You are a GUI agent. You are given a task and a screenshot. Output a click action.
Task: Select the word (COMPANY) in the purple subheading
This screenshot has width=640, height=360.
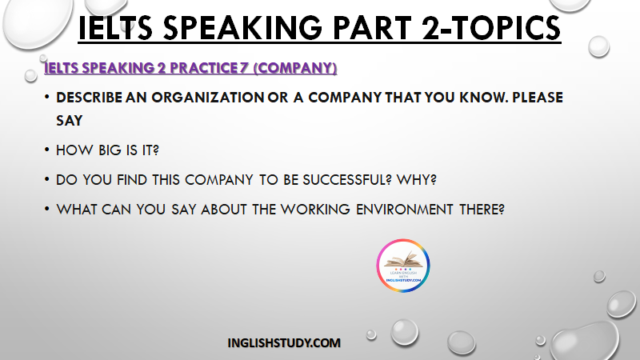[x=295, y=68]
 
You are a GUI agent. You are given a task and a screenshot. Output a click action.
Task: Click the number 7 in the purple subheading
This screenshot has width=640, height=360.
[x=244, y=68]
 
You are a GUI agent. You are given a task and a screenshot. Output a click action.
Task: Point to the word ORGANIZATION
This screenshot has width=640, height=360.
[x=208, y=97]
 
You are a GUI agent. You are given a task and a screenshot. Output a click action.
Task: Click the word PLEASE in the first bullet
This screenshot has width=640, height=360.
[x=538, y=97]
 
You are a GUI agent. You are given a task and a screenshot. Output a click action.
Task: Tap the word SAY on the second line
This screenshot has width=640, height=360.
[x=70, y=121]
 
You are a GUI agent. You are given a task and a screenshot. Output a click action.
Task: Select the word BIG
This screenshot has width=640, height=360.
[x=110, y=150]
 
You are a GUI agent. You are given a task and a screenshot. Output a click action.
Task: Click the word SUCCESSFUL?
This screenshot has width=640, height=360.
[x=347, y=179]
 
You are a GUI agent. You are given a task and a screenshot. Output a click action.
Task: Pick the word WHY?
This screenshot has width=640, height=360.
[x=417, y=179]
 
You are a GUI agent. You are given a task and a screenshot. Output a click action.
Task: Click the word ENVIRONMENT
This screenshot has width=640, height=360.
[x=405, y=210]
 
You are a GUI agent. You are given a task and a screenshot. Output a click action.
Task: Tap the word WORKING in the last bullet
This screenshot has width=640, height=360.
[x=315, y=210]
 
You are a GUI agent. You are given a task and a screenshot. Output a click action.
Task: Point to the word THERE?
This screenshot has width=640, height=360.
[x=482, y=210]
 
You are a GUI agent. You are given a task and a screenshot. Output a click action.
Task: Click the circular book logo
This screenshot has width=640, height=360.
[x=403, y=266]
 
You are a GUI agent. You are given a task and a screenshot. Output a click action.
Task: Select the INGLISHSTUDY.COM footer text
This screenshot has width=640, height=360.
[x=284, y=343]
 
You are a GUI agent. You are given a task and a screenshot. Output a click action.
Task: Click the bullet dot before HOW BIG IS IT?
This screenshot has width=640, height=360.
[x=47, y=150]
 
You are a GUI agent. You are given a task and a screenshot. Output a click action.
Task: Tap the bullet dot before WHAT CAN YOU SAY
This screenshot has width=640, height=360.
[x=47, y=209]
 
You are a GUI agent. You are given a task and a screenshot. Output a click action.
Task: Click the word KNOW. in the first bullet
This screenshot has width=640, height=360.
[x=483, y=97]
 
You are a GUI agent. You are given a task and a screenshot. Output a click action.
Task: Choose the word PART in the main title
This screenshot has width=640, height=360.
[x=372, y=28]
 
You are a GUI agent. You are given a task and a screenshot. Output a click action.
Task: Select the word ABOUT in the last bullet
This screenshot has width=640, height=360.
[x=224, y=210]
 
